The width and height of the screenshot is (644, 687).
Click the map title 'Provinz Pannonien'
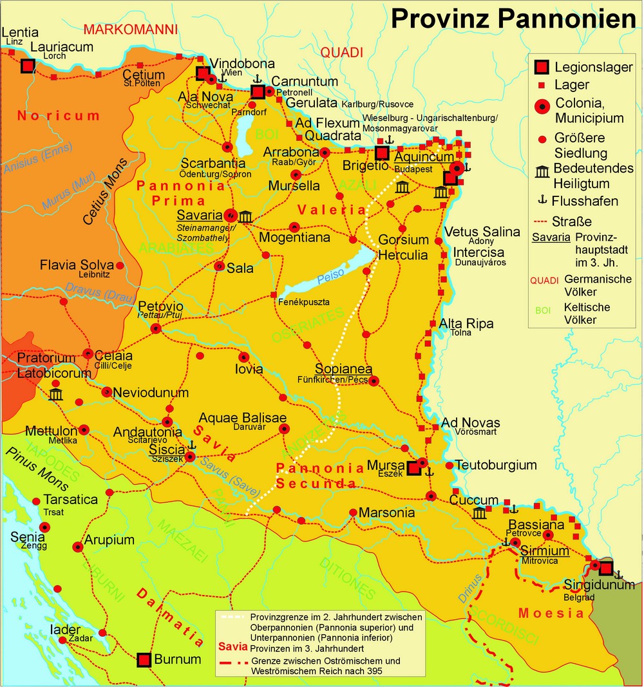tap(513, 19)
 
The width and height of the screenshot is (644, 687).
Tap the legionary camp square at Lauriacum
tap(27, 66)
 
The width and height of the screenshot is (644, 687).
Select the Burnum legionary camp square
tap(144, 660)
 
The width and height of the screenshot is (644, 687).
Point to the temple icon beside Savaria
tap(245, 216)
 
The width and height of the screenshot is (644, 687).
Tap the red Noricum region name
tap(59, 117)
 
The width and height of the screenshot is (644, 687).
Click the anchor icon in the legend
tap(542, 200)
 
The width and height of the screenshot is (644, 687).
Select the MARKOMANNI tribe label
tap(130, 30)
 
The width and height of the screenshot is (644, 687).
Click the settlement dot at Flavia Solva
tap(120, 265)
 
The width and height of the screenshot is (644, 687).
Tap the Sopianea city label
tap(343, 369)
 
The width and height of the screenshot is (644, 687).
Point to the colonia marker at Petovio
tap(156, 328)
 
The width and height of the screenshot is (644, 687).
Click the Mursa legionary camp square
tap(414, 468)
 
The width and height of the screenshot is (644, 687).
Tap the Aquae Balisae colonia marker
tap(283, 428)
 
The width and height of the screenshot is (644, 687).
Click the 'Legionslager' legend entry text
tap(594, 67)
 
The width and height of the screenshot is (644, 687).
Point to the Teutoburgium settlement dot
tap(449, 465)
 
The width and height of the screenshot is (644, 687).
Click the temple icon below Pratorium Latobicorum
tap(55, 394)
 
